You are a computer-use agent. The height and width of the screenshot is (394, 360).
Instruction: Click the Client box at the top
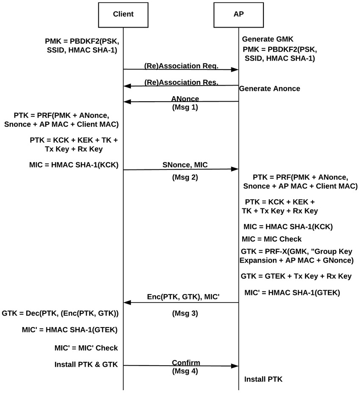[123, 14]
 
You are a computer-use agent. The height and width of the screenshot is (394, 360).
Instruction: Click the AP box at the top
[238, 14]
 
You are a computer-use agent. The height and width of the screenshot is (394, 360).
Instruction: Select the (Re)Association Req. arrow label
[181, 66]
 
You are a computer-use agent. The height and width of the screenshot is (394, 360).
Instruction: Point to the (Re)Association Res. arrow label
[181, 82]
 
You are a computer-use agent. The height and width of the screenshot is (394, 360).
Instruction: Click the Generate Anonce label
[270, 89]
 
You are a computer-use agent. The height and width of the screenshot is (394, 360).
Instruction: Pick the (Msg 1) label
[185, 107]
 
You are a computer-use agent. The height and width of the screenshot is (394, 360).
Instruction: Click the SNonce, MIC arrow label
[185, 164]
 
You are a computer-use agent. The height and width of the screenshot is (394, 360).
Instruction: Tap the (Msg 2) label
[185, 177]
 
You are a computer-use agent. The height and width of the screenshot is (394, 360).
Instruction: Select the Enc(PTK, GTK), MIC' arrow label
[183, 297]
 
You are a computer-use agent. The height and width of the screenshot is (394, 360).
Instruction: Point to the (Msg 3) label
[185, 314]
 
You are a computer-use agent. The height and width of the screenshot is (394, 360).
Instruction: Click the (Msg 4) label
[185, 372]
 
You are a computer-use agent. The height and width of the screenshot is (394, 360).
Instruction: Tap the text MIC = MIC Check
[271, 239]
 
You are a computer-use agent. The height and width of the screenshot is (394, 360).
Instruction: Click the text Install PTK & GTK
[86, 364]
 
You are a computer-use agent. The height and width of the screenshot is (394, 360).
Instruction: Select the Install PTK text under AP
[263, 379]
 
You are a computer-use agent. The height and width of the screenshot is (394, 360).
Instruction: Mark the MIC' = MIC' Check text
[86, 348]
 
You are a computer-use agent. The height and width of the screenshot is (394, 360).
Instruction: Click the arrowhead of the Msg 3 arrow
[127, 302]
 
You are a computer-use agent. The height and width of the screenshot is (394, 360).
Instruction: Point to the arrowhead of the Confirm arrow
[235, 365]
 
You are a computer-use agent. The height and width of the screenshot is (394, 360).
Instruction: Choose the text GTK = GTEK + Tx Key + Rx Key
[296, 276]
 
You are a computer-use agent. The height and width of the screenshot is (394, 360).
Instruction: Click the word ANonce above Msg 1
[185, 99]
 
